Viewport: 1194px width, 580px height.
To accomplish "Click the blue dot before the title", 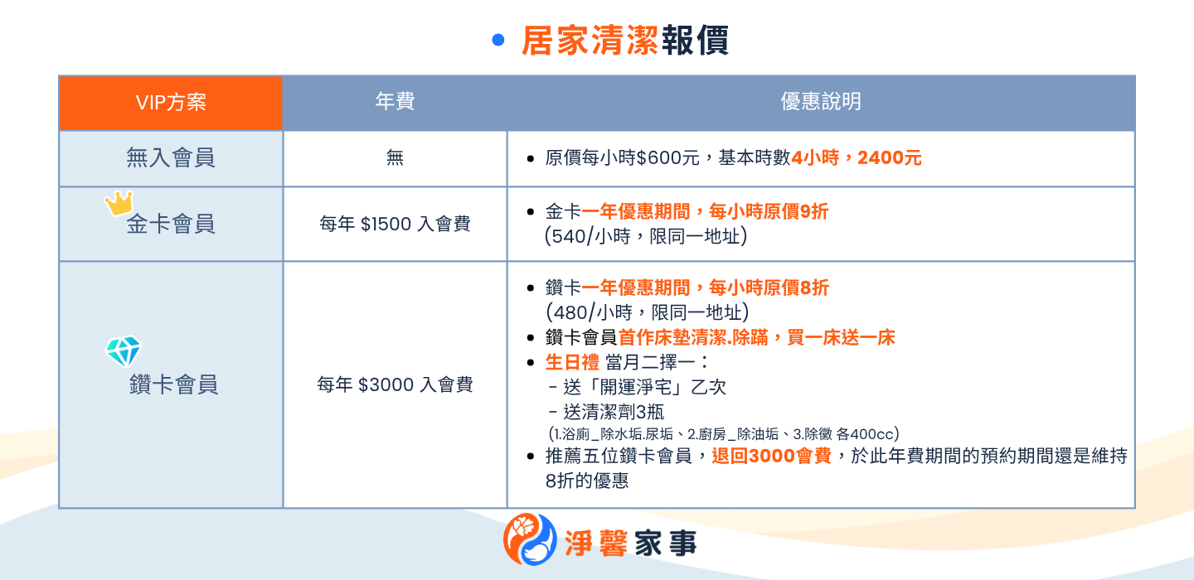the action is tap(498, 40).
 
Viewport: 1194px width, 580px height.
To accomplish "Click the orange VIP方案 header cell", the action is tap(171, 103).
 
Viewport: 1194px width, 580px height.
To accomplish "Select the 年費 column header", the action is tap(395, 101).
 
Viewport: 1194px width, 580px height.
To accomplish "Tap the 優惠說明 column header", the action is tap(821, 101).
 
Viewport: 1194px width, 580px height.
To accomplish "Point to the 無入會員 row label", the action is tap(171, 157).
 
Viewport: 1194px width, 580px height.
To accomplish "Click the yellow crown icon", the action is tap(119, 203).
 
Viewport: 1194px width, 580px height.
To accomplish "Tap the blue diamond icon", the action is tap(123, 351).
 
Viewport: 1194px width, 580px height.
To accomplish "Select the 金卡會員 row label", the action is tap(171, 224).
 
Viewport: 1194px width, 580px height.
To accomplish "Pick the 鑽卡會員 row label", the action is tap(174, 384).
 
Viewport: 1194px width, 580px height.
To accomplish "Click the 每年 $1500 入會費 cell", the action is tap(395, 224).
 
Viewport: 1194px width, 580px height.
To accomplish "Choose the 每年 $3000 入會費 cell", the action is tap(395, 384).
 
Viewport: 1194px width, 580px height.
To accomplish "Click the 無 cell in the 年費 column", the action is tap(395, 157).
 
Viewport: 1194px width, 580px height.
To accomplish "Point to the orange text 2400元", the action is tap(890, 157).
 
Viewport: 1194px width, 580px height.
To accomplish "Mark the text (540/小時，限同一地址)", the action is tap(645, 236).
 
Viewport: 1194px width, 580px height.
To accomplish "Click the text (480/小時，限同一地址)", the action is tap(647, 312).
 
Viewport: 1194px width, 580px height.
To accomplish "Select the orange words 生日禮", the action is tap(572, 362).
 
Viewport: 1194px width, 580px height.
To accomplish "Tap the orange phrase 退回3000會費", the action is tap(771, 456).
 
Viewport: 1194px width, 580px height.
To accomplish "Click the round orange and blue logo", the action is tap(530, 539).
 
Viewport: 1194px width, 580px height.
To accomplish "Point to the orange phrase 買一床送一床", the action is tap(841, 337).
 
